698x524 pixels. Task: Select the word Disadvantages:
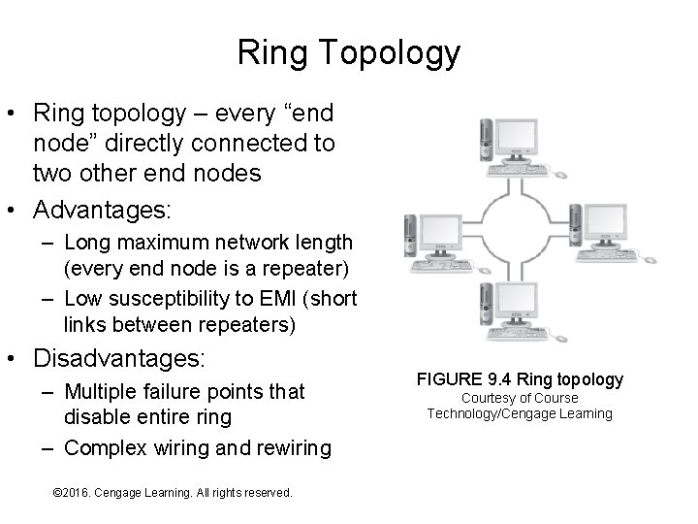119,358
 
